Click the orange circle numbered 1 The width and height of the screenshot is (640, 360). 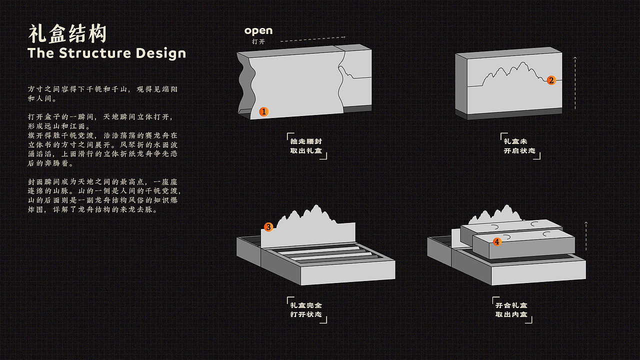pyautogui.click(x=263, y=111)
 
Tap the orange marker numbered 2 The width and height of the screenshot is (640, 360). pyautogui.click(x=551, y=80)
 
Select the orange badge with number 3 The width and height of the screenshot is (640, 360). pyautogui.click(x=268, y=227)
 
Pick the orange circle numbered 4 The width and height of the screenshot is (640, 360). pyautogui.click(x=497, y=241)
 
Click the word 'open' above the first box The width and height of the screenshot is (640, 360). pyautogui.click(x=258, y=30)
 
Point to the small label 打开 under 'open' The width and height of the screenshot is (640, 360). pyautogui.click(x=258, y=41)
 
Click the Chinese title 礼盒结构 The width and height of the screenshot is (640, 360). pyautogui.click(x=67, y=33)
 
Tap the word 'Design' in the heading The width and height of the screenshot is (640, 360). pyautogui.click(x=161, y=53)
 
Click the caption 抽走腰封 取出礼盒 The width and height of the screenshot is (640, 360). pyautogui.click(x=306, y=146)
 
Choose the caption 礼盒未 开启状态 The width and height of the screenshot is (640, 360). pyautogui.click(x=519, y=146)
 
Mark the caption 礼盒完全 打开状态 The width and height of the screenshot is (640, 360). pyautogui.click(x=306, y=310)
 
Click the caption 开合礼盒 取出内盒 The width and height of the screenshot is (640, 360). pyautogui.click(x=511, y=310)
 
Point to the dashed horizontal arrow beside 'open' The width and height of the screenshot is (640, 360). pyautogui.click(x=313, y=39)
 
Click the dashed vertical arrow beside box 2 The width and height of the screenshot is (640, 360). pyautogui.click(x=575, y=83)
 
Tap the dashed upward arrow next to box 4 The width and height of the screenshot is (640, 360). pyautogui.click(x=586, y=236)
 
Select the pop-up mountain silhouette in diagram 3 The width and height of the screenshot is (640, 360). pyautogui.click(x=308, y=225)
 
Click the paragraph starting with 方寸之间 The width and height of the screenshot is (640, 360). pyautogui.click(x=102, y=93)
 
